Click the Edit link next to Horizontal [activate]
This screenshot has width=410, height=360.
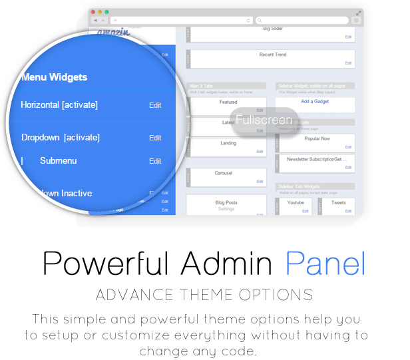pyautogui.click(x=155, y=105)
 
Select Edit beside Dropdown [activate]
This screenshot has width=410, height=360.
pyautogui.click(x=155, y=138)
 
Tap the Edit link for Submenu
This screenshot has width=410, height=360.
pyautogui.click(x=155, y=161)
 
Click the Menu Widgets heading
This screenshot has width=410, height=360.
pyautogui.click(x=54, y=77)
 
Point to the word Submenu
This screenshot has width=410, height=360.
pyautogui.click(x=58, y=161)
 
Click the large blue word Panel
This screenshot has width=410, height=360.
pyautogui.click(x=325, y=264)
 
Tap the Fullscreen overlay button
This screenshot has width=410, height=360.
pyautogui.click(x=264, y=120)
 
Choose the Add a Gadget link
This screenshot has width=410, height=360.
pyautogui.click(x=315, y=101)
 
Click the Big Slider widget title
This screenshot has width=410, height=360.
pyautogui.click(x=272, y=29)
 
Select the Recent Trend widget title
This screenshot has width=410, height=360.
pyautogui.click(x=272, y=55)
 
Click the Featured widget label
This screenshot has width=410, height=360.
pyautogui.click(x=228, y=102)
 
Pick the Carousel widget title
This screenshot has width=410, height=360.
pyautogui.click(x=224, y=173)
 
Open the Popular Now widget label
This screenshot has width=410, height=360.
pyautogui.click(x=317, y=138)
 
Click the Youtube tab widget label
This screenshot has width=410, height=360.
pyautogui.click(x=296, y=202)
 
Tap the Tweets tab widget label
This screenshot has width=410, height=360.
pyautogui.click(x=338, y=202)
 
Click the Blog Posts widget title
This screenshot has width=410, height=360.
pyautogui.click(x=226, y=202)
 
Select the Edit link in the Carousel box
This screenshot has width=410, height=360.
pyautogui.click(x=260, y=182)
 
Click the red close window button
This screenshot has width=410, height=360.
pyautogui.click(x=94, y=12)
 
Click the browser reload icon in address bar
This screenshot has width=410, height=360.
pyautogui.click(x=248, y=21)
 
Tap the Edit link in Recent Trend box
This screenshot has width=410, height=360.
pyautogui.click(x=348, y=63)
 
